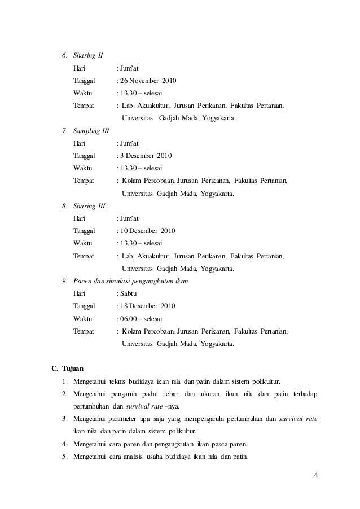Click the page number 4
click(x=316, y=473)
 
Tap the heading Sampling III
click(x=91, y=130)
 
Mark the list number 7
click(x=64, y=130)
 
